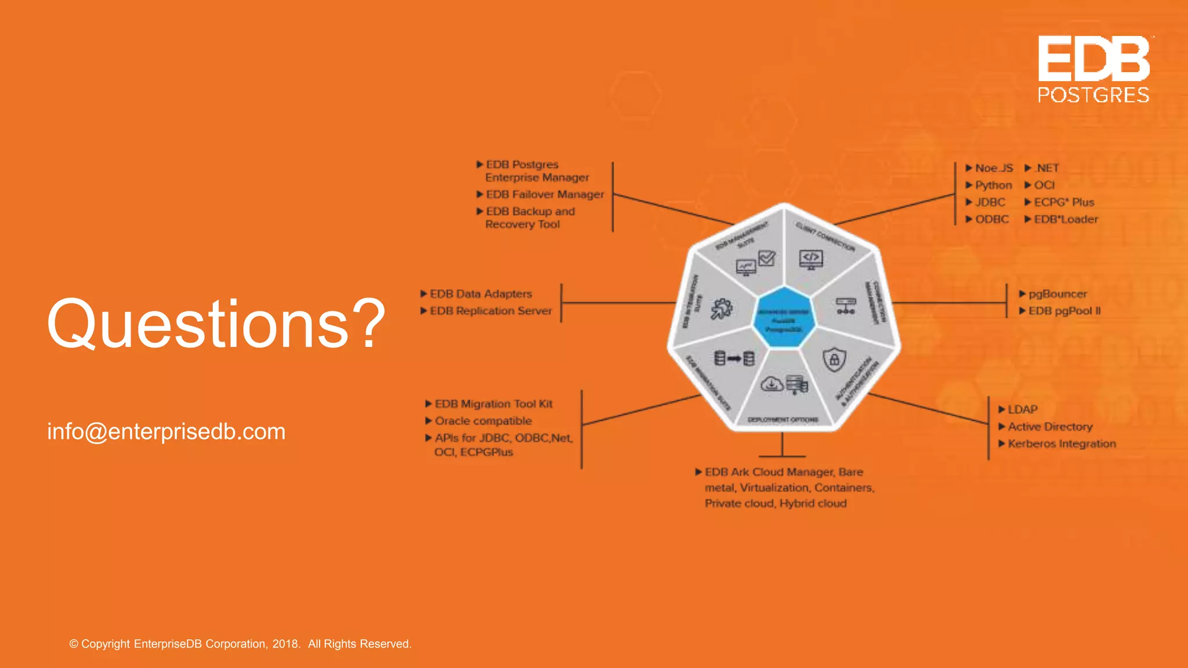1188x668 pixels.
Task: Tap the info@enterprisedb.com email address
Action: click(166, 432)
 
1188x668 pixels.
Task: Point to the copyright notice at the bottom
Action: click(240, 644)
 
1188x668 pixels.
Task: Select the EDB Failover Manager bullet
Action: click(544, 195)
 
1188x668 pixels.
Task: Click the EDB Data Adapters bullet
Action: click(480, 294)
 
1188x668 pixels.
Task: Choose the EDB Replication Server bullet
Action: click(490, 311)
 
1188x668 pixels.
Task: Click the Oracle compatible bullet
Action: click(483, 421)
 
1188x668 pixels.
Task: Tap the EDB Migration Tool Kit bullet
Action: click(493, 404)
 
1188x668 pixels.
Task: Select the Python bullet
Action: click(993, 186)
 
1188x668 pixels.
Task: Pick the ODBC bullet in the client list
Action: click(991, 220)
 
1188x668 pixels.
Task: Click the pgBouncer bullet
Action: click(1057, 294)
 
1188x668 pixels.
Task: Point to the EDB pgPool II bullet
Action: click(1064, 311)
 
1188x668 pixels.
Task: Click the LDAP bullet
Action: click(1022, 410)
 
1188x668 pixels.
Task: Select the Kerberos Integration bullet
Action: click(1061, 444)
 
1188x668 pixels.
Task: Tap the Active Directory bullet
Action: click(1049, 427)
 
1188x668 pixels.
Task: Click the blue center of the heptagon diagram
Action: click(784, 318)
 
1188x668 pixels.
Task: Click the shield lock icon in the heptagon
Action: click(834, 360)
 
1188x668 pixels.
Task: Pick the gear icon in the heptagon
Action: click(722, 308)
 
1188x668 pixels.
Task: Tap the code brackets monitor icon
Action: click(810, 259)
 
